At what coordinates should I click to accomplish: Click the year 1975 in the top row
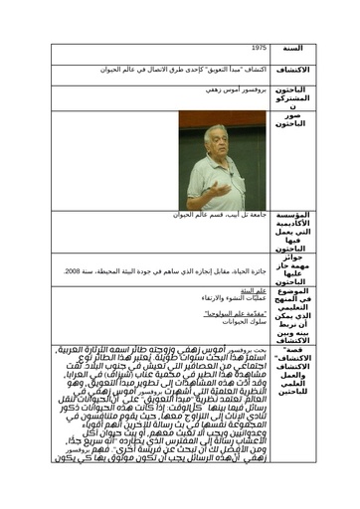click(x=260, y=48)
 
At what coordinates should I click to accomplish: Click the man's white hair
click(x=214, y=128)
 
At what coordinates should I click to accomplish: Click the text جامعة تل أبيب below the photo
click(x=249, y=214)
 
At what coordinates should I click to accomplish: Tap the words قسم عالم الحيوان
click(x=199, y=214)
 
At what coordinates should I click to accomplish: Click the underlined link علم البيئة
click(x=253, y=290)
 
